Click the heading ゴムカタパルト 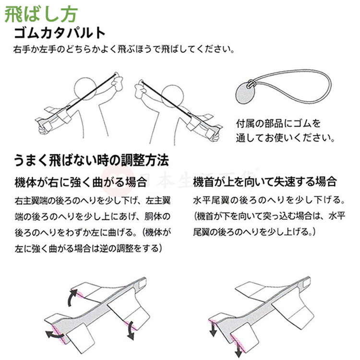pyautogui.click(x=60, y=34)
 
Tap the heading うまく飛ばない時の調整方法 pyautogui.click(x=91, y=160)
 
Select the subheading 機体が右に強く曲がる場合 pyautogui.click(x=80, y=182)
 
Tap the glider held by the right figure pyautogui.click(x=202, y=120)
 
